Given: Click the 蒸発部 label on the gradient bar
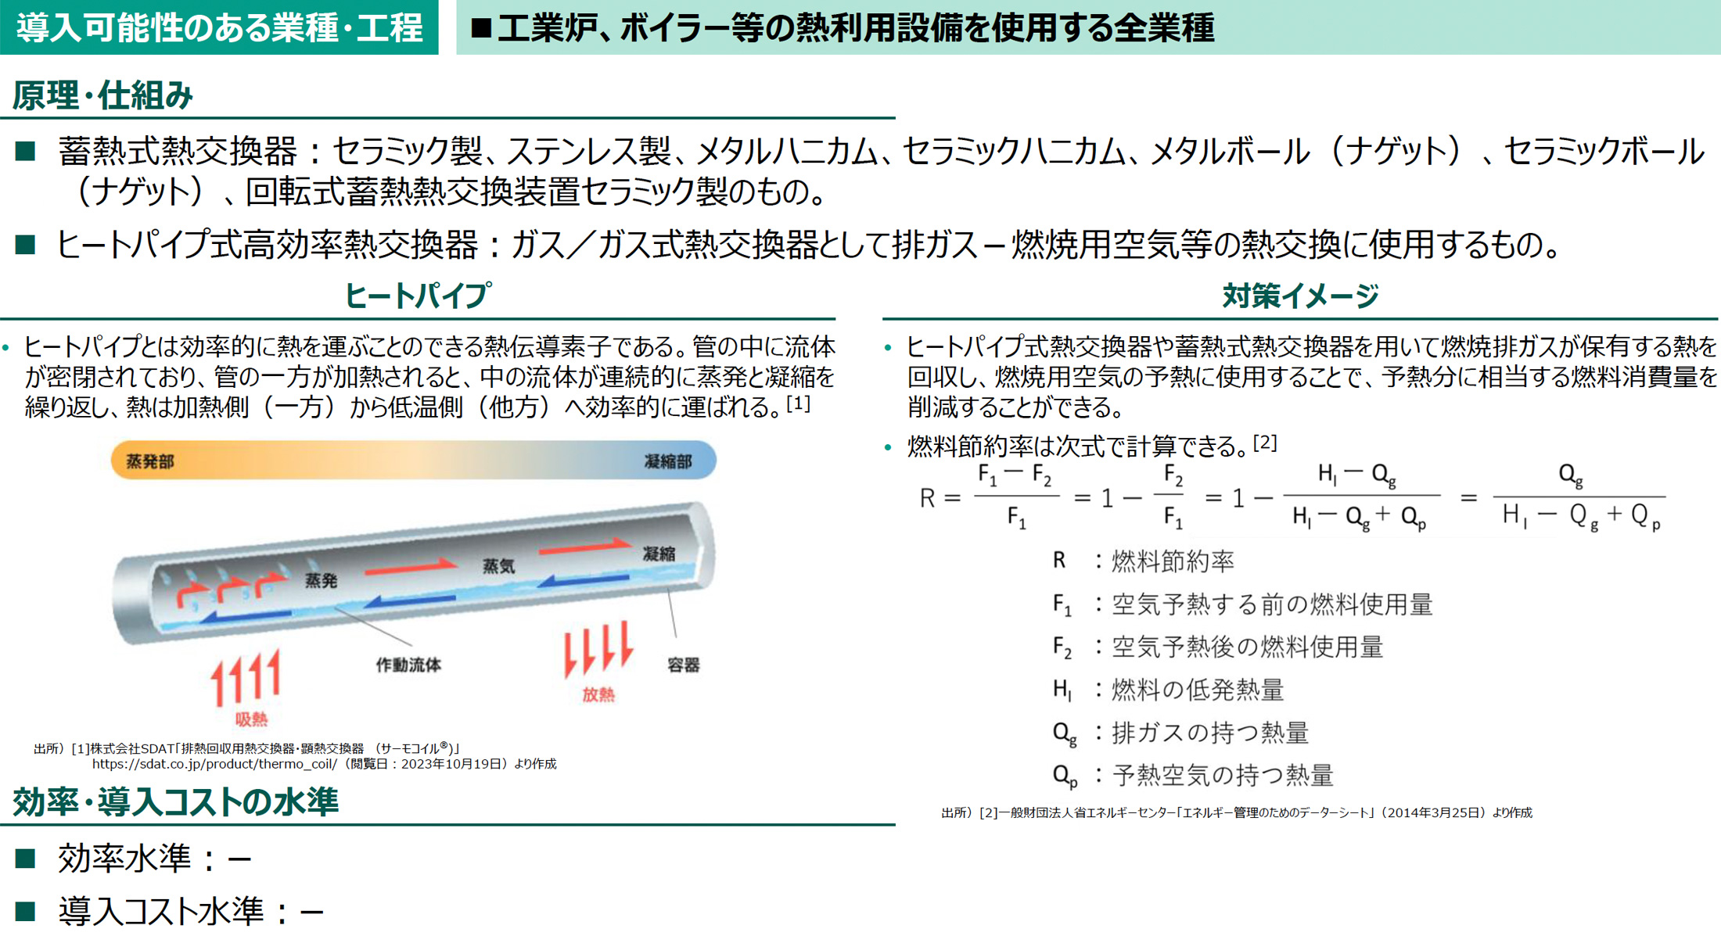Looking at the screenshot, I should pos(149,461).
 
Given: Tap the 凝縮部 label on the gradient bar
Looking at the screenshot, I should pos(667,461).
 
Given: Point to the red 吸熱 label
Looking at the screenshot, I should pos(251,719).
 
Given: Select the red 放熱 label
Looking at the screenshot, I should pos(598,694).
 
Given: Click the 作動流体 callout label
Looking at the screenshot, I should pos(408,665).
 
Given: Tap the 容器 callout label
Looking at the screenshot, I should pos(683,665).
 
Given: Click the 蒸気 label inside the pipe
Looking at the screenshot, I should pos(498,565).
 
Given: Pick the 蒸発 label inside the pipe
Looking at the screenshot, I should pos(321,580).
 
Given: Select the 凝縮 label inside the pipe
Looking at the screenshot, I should pos(659,554).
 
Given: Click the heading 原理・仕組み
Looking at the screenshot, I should pos(102,95).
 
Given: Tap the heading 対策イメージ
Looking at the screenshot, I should pos(1300,296).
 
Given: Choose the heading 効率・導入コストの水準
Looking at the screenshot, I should pos(175,801).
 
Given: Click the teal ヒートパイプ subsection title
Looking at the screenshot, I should pos(419,296).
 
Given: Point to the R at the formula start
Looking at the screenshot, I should pos(928,498).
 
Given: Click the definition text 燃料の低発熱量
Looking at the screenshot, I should pos(1197,690).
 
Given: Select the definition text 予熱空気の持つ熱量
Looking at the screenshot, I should pos(1222,775).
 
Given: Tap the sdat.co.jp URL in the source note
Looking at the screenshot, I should pos(214,764).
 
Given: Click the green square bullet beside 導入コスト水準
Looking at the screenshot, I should pos(25,910).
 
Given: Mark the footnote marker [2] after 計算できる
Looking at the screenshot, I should pos(1264,443).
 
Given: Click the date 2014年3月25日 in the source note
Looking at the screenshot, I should pos(1437,812).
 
